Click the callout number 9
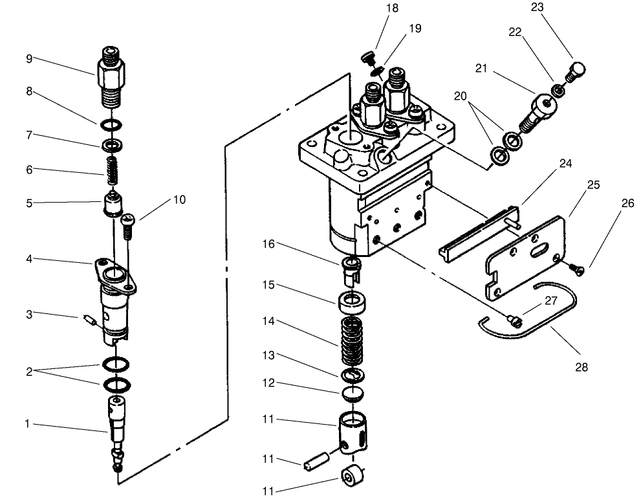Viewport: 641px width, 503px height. (x=28, y=58)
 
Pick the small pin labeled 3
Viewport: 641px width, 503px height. (x=90, y=319)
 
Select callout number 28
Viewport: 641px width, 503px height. (x=581, y=367)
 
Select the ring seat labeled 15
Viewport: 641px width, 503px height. (x=351, y=302)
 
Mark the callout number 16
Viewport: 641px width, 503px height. (x=268, y=243)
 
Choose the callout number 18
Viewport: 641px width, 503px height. (x=392, y=8)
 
